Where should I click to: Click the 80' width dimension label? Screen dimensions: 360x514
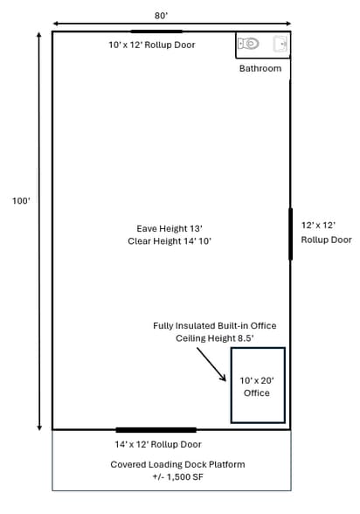(161, 16)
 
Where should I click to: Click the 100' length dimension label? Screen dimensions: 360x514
(21, 201)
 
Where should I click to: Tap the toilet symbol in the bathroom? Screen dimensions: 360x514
(248, 44)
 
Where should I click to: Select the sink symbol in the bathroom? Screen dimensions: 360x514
(280, 44)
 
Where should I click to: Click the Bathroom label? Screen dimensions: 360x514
(260, 68)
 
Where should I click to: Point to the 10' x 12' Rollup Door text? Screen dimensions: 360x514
(152, 45)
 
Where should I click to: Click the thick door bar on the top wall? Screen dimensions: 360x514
(156, 31)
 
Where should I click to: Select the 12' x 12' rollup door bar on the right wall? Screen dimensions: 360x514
(291, 233)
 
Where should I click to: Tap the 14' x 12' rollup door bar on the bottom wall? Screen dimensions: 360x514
(156, 430)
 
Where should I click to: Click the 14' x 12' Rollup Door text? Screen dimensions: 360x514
(158, 444)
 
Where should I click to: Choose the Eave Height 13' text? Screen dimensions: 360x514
(170, 228)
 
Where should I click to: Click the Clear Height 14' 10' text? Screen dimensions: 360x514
(170, 241)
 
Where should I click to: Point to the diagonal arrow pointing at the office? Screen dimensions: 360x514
(211, 365)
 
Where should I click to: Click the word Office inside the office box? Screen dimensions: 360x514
(257, 393)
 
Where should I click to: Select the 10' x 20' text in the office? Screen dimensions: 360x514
(257, 380)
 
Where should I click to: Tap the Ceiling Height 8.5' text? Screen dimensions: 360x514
(215, 338)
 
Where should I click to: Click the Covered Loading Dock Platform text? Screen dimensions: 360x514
(177, 464)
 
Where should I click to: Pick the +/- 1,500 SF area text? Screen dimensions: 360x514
(177, 477)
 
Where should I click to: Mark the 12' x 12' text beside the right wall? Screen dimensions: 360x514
(318, 226)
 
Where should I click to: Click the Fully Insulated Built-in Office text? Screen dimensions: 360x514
(215, 326)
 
